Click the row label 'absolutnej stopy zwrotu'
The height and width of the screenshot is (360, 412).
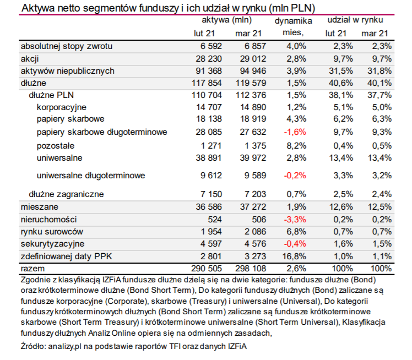(67, 46)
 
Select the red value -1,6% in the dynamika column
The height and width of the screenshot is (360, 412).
(295, 132)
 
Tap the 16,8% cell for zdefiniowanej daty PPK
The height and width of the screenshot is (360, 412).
(294, 257)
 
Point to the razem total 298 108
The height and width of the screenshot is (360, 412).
(251, 269)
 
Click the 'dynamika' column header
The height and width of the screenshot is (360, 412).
(293, 21)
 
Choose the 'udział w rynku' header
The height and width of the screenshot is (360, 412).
(355, 20)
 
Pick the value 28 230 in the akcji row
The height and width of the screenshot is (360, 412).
(209, 59)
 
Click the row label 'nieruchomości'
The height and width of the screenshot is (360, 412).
(48, 220)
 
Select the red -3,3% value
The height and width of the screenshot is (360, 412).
(295, 220)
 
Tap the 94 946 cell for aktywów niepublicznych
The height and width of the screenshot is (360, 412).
(253, 71)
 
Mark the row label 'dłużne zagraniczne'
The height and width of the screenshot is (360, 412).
(66, 194)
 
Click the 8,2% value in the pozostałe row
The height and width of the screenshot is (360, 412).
(296, 146)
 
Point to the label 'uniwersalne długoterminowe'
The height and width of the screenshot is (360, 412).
(91, 176)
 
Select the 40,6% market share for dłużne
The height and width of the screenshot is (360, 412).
(341, 83)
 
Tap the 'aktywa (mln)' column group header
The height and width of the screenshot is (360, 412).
(227, 20)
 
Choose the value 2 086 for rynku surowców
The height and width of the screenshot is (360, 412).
(255, 232)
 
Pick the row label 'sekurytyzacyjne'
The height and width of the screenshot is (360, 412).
(52, 244)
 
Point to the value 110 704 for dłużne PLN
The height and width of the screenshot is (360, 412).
(207, 95)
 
